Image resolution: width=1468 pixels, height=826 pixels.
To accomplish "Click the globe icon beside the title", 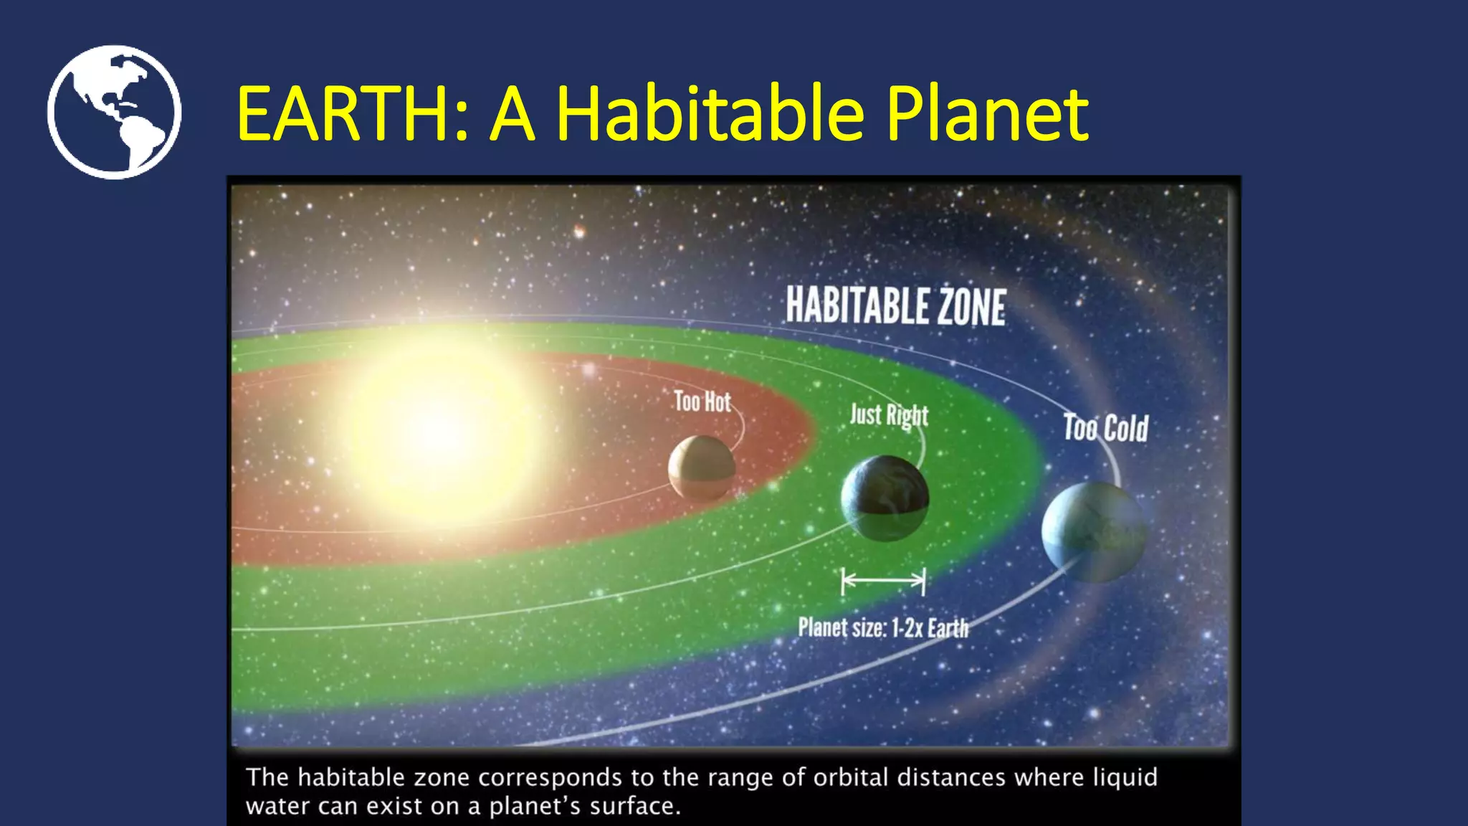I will pyautogui.click(x=114, y=112).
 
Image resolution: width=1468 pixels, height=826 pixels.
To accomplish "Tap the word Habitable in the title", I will pyautogui.click(x=710, y=113).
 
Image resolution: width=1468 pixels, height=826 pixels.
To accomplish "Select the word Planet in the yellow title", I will pyautogui.click(x=987, y=113).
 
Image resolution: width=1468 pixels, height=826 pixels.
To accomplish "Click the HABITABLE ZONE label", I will pyautogui.click(x=895, y=306).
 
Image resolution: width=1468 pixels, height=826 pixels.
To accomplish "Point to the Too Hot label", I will pyautogui.click(x=702, y=402).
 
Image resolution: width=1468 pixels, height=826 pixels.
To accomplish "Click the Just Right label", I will pyautogui.click(x=889, y=415).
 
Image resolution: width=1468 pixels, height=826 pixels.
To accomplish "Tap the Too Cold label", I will pyautogui.click(x=1105, y=428).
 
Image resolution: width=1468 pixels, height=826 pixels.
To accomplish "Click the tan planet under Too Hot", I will pyautogui.click(x=702, y=468).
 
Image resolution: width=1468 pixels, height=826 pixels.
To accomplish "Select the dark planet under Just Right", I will pyautogui.click(x=885, y=498).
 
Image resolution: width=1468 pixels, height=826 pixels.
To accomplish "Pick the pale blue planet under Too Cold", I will pyautogui.click(x=1093, y=531).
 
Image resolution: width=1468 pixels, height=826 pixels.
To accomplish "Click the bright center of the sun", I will pyautogui.click(x=437, y=430).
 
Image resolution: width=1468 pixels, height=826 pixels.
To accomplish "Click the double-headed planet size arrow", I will pyautogui.click(x=883, y=581).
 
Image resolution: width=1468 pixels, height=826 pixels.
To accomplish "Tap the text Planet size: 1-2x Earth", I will pyautogui.click(x=883, y=628).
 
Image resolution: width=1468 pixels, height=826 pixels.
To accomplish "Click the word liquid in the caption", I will pyautogui.click(x=1125, y=777).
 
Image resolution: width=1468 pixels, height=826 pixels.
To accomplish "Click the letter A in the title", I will pyautogui.click(x=513, y=113).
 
